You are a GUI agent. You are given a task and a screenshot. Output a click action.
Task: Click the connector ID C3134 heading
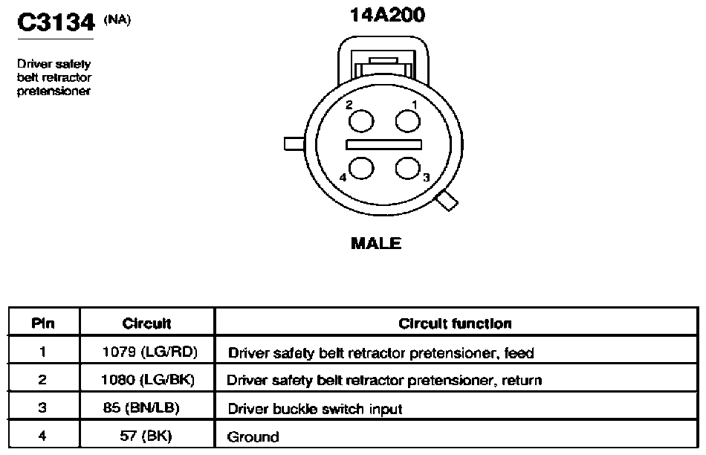[x=56, y=22]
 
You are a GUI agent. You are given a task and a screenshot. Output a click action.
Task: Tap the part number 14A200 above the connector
[x=387, y=15]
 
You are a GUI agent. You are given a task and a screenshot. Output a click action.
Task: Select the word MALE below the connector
[x=376, y=243]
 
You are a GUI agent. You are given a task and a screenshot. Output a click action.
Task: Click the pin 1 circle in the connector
[x=407, y=120]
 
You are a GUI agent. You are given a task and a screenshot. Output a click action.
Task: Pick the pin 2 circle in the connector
[x=361, y=120]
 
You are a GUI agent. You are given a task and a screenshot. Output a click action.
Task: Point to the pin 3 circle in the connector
[x=407, y=168]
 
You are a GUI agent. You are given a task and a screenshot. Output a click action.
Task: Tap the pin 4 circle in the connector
[x=361, y=168]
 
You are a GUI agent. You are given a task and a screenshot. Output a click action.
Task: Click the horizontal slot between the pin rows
[x=383, y=144]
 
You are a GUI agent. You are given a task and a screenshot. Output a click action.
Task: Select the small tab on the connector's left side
[x=294, y=143]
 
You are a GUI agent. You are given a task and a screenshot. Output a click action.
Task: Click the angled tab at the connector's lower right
[x=447, y=201]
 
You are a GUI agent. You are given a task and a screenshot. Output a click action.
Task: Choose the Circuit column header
[x=147, y=323]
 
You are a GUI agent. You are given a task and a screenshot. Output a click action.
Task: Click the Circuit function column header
[x=456, y=323]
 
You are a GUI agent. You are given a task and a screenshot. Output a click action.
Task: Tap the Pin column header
[x=43, y=323]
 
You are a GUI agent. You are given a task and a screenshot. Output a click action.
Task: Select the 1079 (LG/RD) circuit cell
[x=150, y=352]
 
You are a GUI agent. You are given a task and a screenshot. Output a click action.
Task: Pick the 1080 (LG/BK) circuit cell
[x=148, y=380]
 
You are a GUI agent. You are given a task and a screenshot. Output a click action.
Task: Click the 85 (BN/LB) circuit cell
[x=141, y=407]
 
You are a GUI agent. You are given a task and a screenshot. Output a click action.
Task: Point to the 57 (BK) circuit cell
[x=146, y=436]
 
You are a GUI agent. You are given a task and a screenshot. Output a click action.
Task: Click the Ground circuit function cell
[x=253, y=436]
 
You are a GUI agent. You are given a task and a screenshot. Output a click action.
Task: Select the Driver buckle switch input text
[x=315, y=409]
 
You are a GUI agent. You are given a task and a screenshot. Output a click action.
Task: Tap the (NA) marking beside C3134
[x=117, y=20]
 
